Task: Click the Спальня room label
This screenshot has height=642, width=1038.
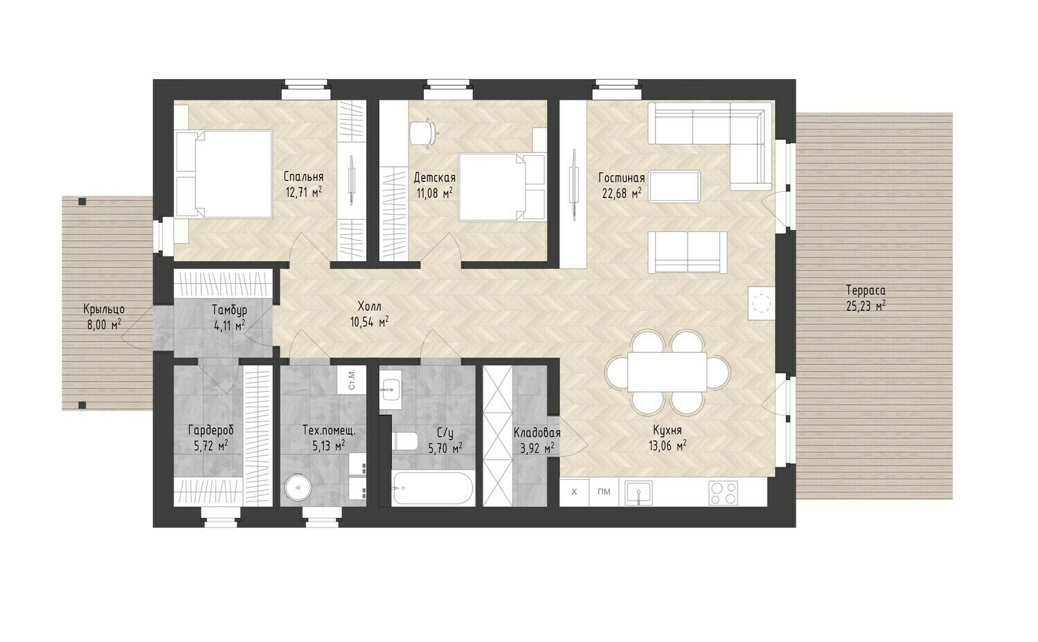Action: [303, 177]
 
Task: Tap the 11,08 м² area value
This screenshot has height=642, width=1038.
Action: [435, 193]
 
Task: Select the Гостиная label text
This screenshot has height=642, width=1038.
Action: [621, 178]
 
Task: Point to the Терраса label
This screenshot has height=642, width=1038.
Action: [866, 291]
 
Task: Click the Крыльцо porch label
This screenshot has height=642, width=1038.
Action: [105, 309]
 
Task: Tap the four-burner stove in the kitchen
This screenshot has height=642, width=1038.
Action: [723, 492]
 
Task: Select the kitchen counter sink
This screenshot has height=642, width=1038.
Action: [638, 492]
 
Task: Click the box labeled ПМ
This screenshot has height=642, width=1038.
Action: [604, 492]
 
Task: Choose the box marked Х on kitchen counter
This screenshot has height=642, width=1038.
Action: [575, 492]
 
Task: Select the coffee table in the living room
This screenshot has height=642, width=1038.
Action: [674, 186]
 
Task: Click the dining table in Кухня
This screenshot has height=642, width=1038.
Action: [668, 372]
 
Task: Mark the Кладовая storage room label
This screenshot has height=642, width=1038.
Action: [537, 433]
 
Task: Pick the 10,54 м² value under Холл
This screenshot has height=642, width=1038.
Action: [369, 322]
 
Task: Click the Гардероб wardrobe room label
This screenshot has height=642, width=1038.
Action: [211, 430]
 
